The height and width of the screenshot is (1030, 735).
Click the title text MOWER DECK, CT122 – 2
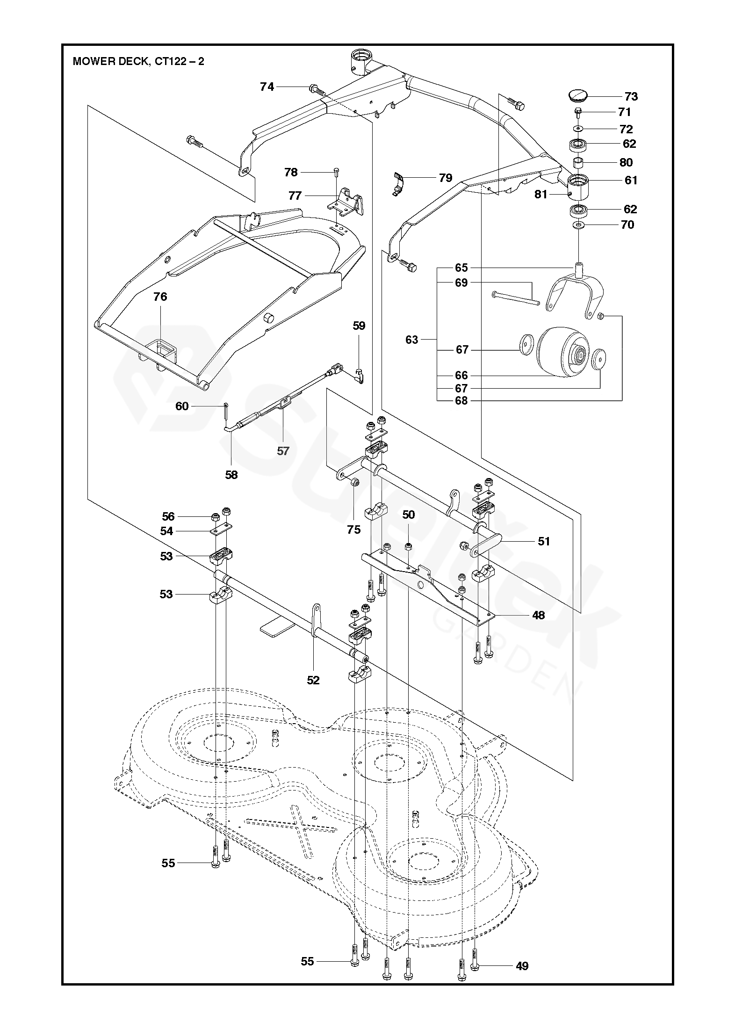coord(138,61)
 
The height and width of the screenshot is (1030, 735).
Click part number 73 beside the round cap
coord(631,96)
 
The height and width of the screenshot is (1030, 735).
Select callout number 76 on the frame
coord(160,297)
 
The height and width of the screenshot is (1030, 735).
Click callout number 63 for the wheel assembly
coord(411,340)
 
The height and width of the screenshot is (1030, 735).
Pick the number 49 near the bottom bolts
coord(522,966)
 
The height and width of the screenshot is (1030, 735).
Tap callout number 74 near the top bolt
coord(267,87)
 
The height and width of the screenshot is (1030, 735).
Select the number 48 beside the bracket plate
coord(539,615)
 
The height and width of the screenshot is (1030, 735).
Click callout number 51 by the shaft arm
coord(544,541)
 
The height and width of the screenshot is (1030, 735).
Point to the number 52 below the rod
coord(313,680)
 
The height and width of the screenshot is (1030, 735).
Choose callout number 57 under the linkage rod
coord(283,451)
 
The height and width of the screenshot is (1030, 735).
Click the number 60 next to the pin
coord(182,406)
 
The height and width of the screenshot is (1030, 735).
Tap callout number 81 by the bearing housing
coord(540,194)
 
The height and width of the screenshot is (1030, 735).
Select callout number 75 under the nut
coord(354,529)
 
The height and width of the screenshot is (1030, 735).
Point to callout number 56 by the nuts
coord(168,516)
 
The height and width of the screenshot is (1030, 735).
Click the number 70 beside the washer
coord(627,225)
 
